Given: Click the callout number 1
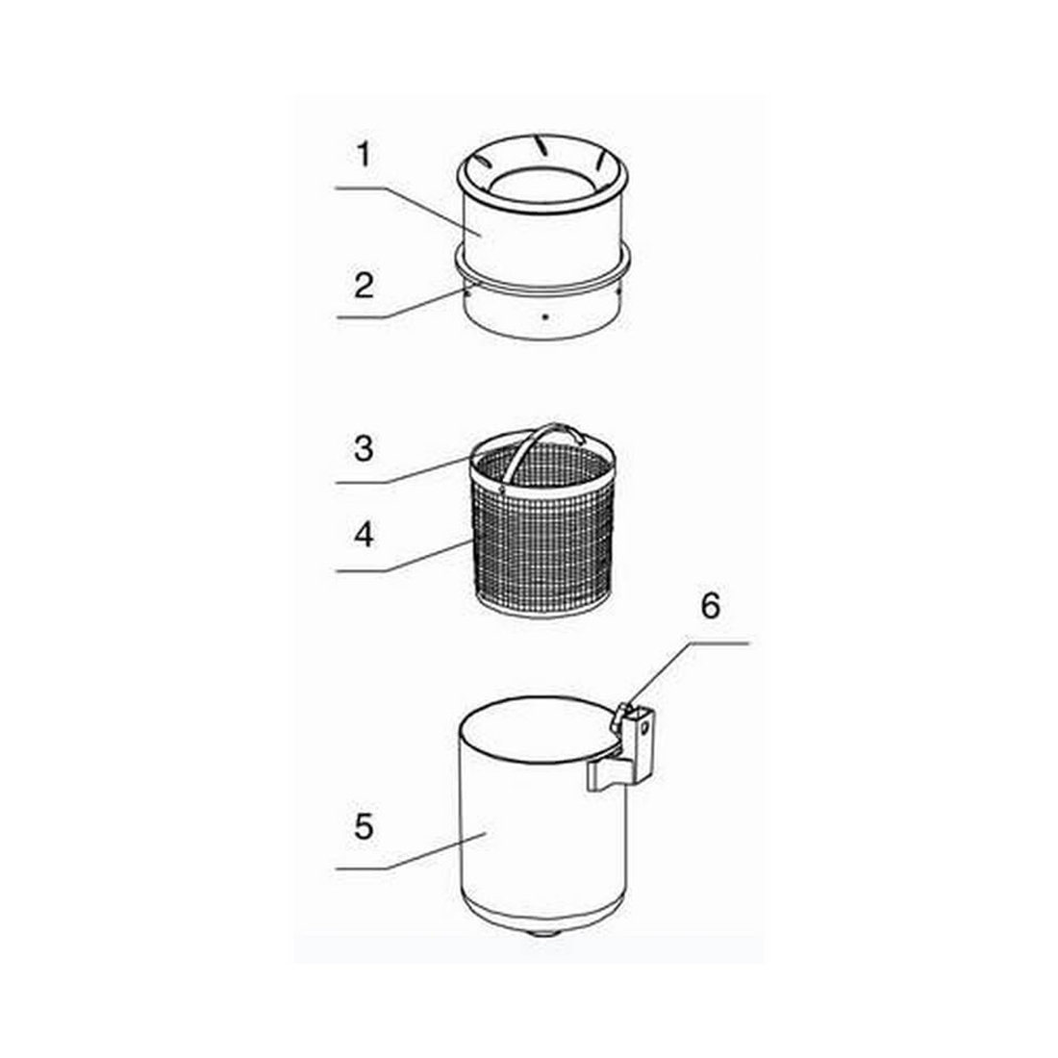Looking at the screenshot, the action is pos(364,155).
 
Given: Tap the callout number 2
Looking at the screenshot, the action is pos(365,286).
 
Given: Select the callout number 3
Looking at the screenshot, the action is pos(364,449).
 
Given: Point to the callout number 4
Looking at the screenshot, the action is pos(364,535).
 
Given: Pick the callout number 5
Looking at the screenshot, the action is pos(364,826).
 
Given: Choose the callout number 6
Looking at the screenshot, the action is pos(711,605).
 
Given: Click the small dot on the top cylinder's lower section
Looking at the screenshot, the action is pos(545,315).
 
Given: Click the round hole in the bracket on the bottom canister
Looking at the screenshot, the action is pos(644,727).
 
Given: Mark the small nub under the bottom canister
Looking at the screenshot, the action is pos(544,933).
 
